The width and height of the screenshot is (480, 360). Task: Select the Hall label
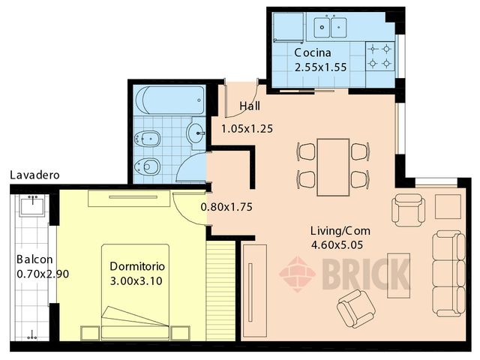(x=250, y=106)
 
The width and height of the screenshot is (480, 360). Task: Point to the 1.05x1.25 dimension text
(x=247, y=128)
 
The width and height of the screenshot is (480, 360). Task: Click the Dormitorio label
(x=137, y=267)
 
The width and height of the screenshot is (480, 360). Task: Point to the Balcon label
(x=33, y=260)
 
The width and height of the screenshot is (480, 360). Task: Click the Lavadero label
(x=34, y=175)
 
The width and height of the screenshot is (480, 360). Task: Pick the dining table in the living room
(x=333, y=166)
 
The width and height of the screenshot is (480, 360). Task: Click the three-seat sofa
(x=448, y=273)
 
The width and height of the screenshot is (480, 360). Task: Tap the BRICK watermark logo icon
(x=297, y=274)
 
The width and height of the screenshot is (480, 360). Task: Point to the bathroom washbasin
(x=196, y=133)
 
